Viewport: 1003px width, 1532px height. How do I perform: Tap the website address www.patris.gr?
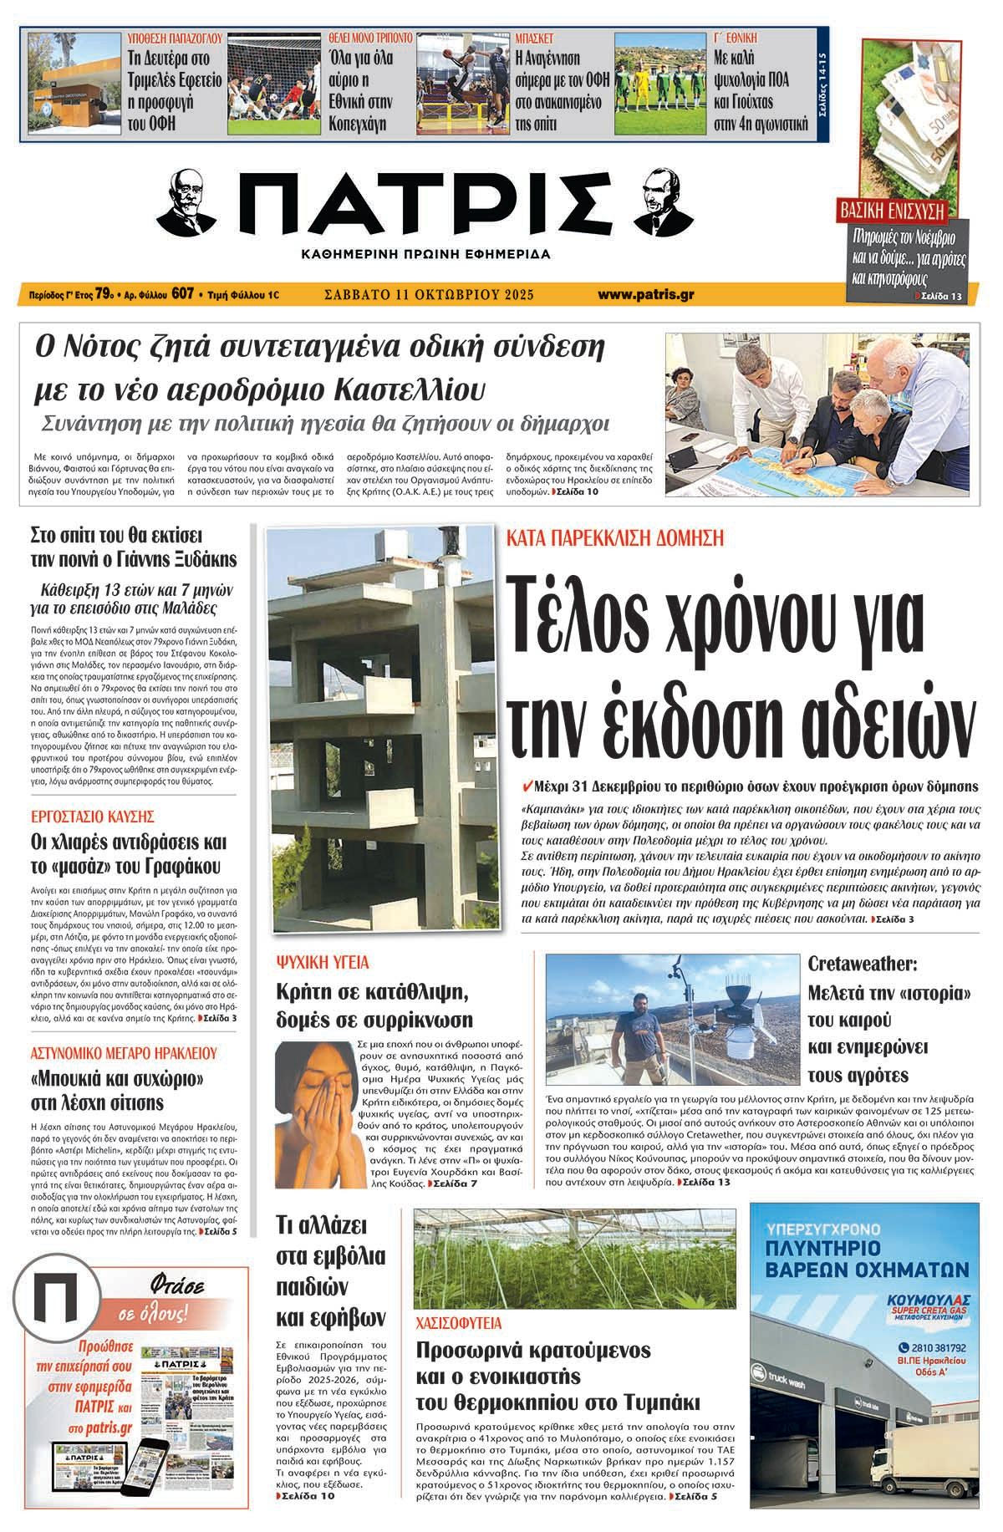(x=646, y=294)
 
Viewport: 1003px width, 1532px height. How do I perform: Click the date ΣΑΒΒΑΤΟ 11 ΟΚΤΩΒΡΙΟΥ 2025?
(x=428, y=294)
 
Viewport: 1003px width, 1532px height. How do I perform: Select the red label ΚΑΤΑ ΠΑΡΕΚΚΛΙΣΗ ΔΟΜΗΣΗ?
(x=615, y=537)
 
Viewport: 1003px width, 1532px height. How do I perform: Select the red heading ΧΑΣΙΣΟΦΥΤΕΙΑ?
(x=457, y=1323)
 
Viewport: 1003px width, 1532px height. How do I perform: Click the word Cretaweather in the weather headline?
(x=861, y=964)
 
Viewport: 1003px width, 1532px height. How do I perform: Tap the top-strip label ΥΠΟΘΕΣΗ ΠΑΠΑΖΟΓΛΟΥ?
(x=173, y=38)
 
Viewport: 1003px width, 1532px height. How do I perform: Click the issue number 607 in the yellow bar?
(x=183, y=294)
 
